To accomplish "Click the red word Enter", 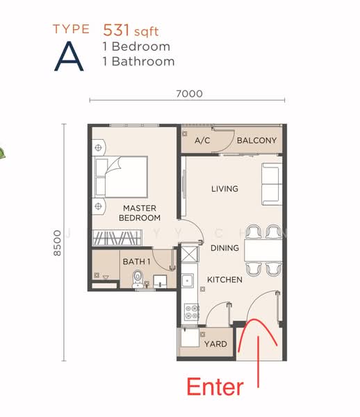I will [216, 387].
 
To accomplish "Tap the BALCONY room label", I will [256, 140].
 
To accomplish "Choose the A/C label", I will [202, 140].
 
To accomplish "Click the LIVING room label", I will [224, 188].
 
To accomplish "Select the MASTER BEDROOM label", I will [139, 213].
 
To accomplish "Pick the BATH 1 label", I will [136, 261].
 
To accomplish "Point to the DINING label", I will [224, 247].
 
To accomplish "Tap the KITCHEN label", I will [224, 279].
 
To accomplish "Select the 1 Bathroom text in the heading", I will [138, 61].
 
